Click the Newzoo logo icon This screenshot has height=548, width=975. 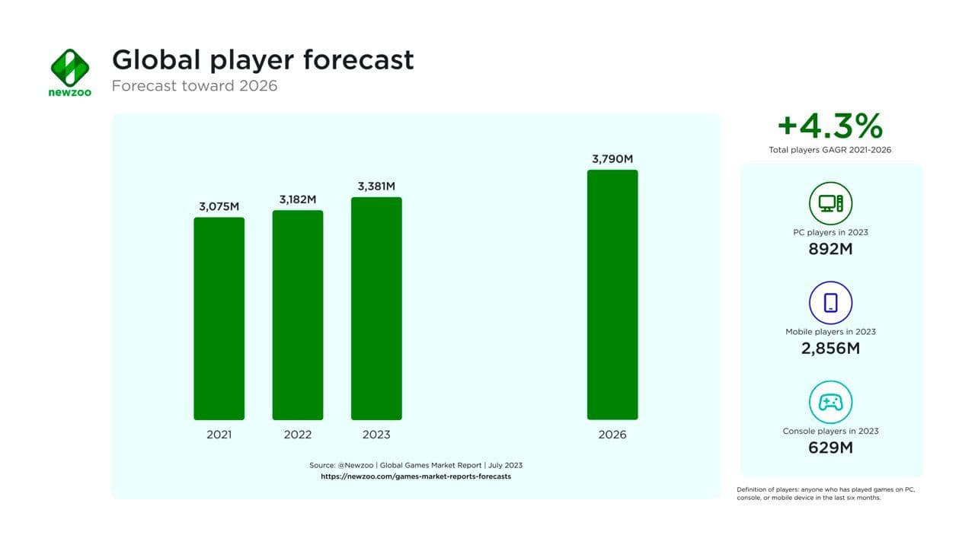[70, 67]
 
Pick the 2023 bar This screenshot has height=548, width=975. [376, 308]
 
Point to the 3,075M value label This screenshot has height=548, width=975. [219, 206]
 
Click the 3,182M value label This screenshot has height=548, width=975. [298, 199]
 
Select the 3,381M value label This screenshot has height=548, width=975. [376, 186]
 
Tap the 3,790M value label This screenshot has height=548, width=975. [612, 159]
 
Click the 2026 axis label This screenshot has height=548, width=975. [612, 435]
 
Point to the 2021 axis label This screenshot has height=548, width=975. [219, 435]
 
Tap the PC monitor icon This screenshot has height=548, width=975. [830, 203]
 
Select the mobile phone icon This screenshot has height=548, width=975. [830, 303]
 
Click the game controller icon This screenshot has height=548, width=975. [830, 402]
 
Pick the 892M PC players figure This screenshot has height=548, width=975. [830, 249]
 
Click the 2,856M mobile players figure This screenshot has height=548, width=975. [830, 349]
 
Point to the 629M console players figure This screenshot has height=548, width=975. [830, 448]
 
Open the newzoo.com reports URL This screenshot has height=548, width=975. [416, 476]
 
